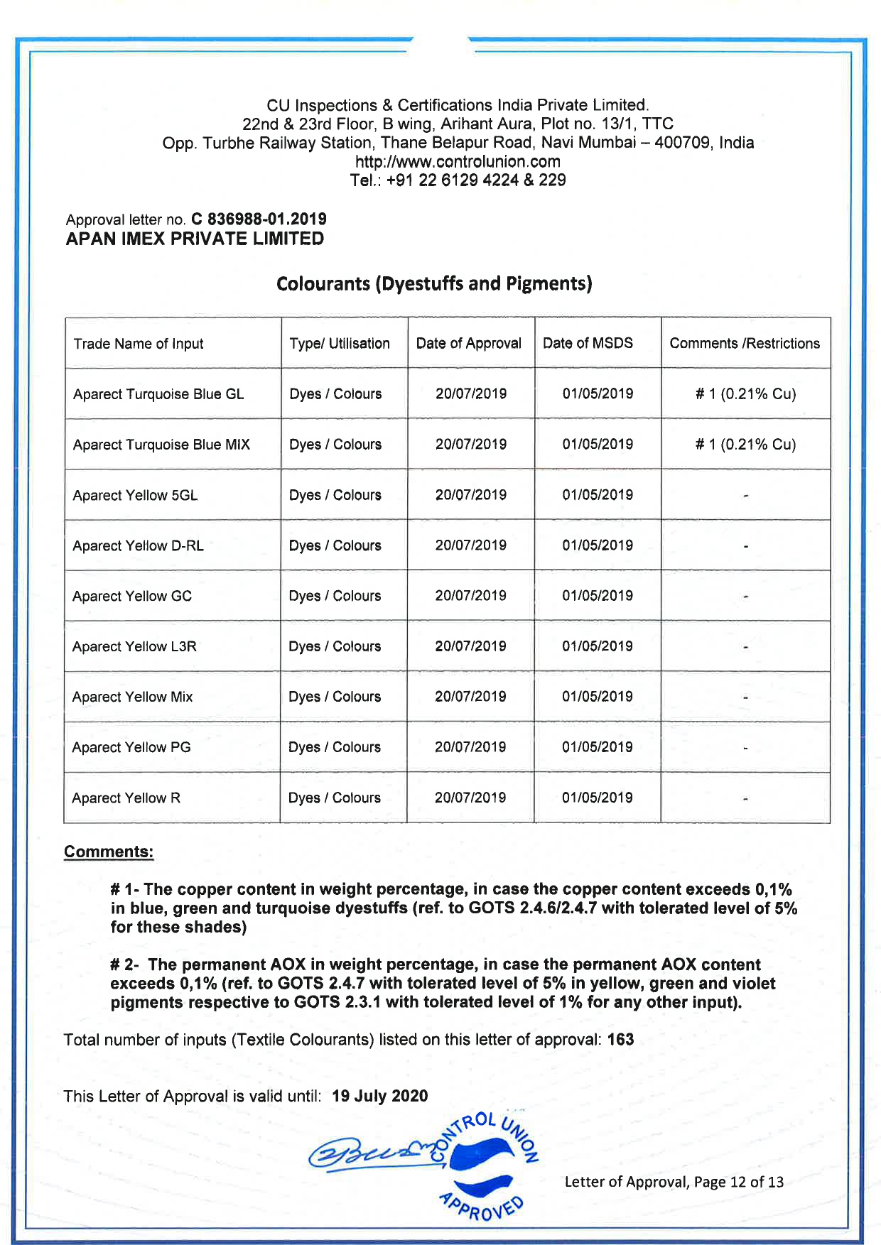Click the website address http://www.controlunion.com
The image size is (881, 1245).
pos(458,161)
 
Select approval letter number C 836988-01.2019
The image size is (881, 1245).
pos(259,219)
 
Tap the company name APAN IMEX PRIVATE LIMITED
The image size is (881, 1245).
pos(195,239)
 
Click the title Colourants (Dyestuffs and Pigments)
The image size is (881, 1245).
pos(434,283)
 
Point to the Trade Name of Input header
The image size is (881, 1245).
pos(139,344)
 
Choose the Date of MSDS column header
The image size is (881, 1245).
pos(588,343)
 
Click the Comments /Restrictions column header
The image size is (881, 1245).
pos(745,343)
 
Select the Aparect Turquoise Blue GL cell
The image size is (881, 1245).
pos(158,394)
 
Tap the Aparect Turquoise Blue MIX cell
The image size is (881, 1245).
pos(161,445)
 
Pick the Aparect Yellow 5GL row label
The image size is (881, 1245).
pos(135,495)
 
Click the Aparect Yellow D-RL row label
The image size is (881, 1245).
pos(138,545)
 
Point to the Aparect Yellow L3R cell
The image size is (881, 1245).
pos(134,646)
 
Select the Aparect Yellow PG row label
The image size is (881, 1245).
pos(131,747)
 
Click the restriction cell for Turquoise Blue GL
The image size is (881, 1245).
pos(745,394)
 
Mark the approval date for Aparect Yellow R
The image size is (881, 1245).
pos(470,798)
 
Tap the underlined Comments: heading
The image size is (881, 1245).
pos(109,852)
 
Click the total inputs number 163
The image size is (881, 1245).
pos(620,1040)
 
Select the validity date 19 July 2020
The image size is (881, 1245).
pos(379,1096)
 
